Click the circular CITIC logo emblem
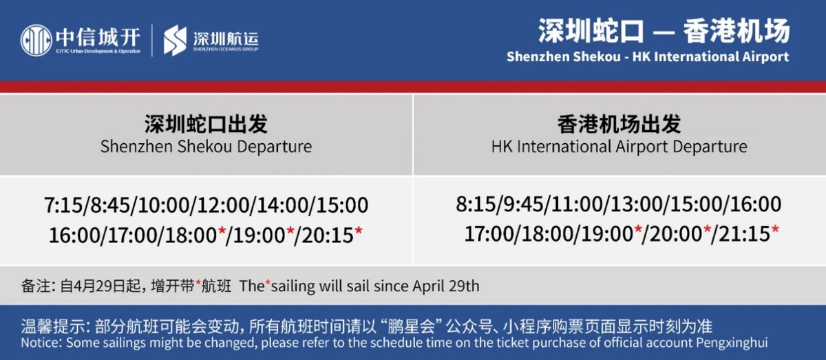[36, 40]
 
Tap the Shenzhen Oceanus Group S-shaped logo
[175, 40]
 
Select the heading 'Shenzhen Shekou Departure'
[206, 147]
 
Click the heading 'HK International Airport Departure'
[619, 147]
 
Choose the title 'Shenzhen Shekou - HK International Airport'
[647, 56]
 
